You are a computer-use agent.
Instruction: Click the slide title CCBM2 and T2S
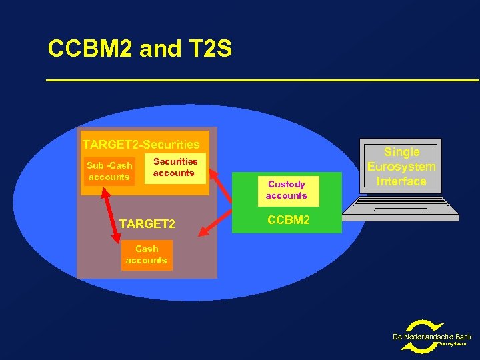tap(140, 49)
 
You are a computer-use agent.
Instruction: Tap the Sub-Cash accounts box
tap(108, 171)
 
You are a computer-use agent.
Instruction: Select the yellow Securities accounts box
tap(175, 167)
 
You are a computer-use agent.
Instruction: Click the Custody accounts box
tap(286, 190)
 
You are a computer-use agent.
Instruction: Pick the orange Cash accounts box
tap(147, 255)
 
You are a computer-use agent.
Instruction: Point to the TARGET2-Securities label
tap(141, 144)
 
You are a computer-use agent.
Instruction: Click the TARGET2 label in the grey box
tap(147, 224)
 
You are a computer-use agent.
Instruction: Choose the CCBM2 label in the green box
tap(288, 219)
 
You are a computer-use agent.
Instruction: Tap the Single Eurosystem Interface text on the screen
tap(401, 167)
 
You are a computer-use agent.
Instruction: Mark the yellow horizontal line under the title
tap(263, 81)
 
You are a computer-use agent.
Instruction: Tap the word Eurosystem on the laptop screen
tap(401, 167)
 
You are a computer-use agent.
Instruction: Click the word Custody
tap(286, 184)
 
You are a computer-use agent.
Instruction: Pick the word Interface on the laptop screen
tap(401, 181)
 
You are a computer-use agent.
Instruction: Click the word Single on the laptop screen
tap(401, 152)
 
